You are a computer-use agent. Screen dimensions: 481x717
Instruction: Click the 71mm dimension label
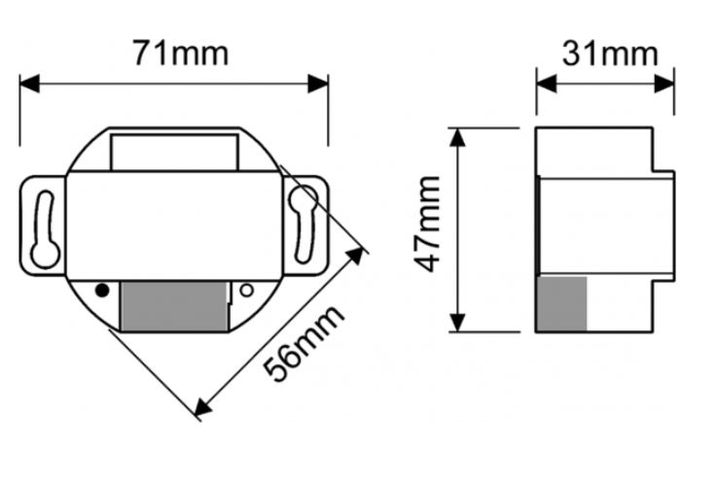180,52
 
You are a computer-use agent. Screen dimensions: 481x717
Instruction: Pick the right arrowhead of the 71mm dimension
318,84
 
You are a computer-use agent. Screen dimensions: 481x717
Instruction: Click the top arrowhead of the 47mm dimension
460,137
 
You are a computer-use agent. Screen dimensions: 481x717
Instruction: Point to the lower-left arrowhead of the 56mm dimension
202,408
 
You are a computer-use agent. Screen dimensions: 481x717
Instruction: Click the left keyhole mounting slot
44,227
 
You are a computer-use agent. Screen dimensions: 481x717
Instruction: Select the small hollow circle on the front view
247,290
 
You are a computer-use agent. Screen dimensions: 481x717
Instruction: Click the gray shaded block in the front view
172,306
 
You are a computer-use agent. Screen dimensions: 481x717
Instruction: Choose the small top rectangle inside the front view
175,153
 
